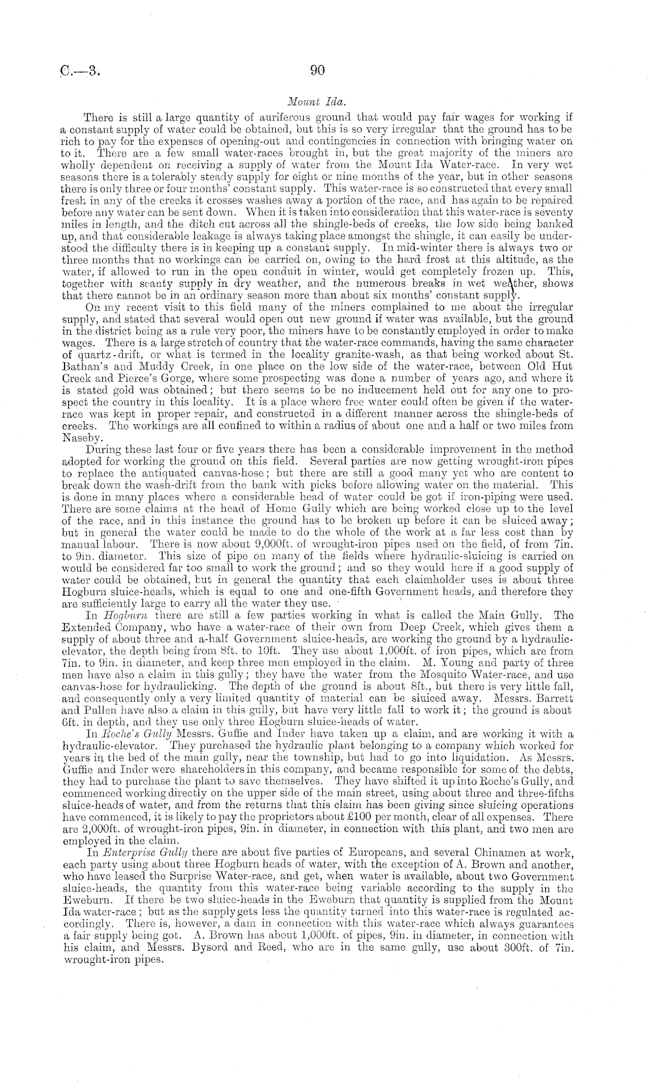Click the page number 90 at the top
[317, 70]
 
